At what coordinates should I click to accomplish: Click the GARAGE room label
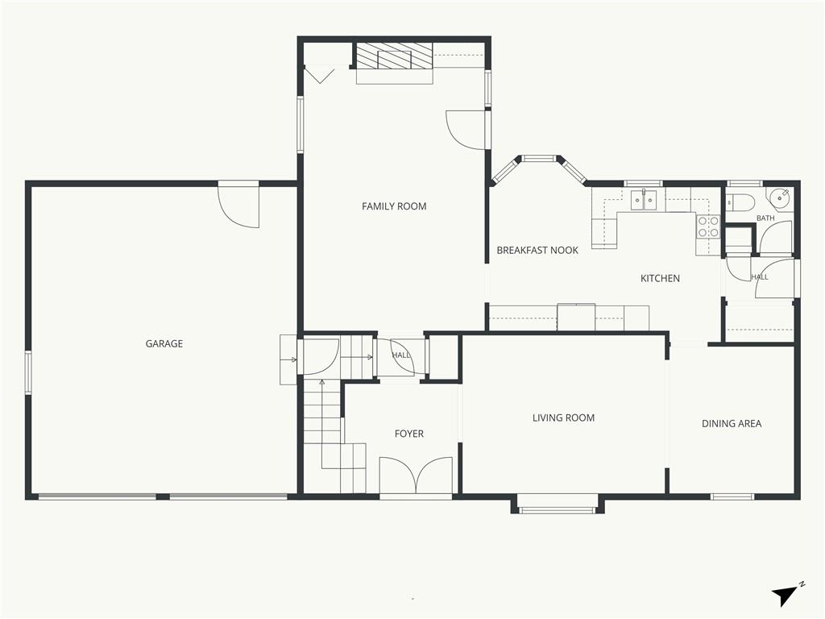pos(164,343)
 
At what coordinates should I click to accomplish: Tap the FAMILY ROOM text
pos(394,206)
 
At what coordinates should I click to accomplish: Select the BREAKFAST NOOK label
pos(537,251)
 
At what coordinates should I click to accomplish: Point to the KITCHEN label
pos(660,278)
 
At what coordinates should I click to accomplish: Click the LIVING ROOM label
pos(563,418)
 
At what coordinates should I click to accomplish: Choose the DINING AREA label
pos(732,424)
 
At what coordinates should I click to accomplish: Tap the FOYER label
pos(408,434)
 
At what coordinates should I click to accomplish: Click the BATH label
pos(765,218)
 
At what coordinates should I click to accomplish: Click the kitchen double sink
pos(644,201)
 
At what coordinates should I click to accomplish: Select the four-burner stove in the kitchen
pos(708,226)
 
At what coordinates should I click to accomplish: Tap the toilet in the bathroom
pos(740,201)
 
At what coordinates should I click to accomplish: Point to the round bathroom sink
pos(780,197)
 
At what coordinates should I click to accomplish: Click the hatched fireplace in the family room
pos(395,56)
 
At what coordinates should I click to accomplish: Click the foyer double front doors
pos(416,476)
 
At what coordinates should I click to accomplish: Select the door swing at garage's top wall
pos(238,207)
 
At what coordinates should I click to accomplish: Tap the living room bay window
pos(558,508)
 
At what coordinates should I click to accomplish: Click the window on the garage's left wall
pos(28,372)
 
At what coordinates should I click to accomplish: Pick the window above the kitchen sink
pos(644,184)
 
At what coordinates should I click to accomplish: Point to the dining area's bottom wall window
pos(732,496)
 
